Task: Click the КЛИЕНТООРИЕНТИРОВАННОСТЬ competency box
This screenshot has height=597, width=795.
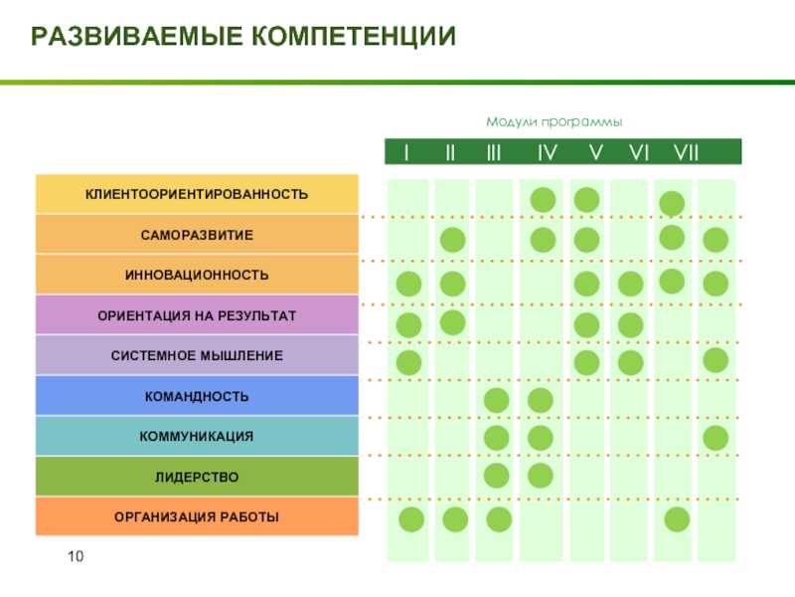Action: coord(196,194)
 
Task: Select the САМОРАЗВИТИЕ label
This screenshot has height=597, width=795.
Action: coord(196,235)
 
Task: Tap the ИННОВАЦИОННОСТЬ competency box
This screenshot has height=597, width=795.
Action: coord(196,275)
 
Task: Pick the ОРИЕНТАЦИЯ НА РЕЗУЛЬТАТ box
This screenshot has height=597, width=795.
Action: coord(196,315)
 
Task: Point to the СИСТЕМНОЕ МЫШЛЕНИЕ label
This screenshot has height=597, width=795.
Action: coord(196,355)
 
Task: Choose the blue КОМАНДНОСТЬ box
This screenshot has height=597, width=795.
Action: coord(196,397)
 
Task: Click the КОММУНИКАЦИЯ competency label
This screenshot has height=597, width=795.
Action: coord(196,437)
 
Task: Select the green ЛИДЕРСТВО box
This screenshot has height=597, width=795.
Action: coord(196,478)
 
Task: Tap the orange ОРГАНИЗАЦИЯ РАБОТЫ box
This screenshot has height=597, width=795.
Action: coord(196,517)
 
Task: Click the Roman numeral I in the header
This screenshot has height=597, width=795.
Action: coord(406,152)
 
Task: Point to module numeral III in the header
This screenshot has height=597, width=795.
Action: coord(494,152)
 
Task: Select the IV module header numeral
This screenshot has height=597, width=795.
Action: coord(547,152)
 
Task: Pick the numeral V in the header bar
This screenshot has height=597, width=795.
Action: coord(595,152)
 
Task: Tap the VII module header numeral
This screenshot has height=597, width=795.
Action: coord(686,152)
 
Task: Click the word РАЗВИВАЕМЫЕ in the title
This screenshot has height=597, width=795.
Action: coord(134,38)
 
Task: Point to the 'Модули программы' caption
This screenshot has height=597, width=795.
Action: coord(554,121)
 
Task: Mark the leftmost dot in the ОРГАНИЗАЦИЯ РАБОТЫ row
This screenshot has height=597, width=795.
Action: coord(411,519)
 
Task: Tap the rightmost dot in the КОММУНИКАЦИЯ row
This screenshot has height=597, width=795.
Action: coord(715,438)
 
